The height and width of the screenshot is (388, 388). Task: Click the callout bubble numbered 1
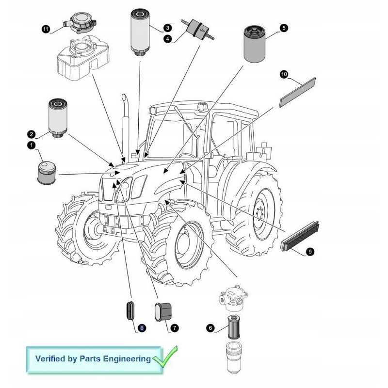click(x=31, y=145)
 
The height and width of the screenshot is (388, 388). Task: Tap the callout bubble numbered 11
click(x=46, y=29)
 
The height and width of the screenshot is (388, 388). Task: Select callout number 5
click(x=284, y=28)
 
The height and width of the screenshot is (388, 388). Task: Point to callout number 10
click(x=284, y=74)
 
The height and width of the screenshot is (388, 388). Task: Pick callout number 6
click(x=210, y=328)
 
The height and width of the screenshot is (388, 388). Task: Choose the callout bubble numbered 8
click(x=142, y=328)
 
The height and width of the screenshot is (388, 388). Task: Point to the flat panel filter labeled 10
click(x=297, y=92)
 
